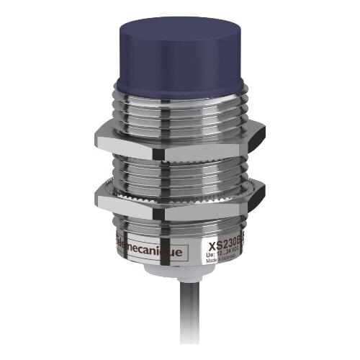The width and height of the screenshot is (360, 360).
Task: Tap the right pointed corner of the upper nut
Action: [x=264, y=132]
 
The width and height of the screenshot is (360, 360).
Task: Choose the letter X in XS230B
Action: [x=212, y=244]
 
